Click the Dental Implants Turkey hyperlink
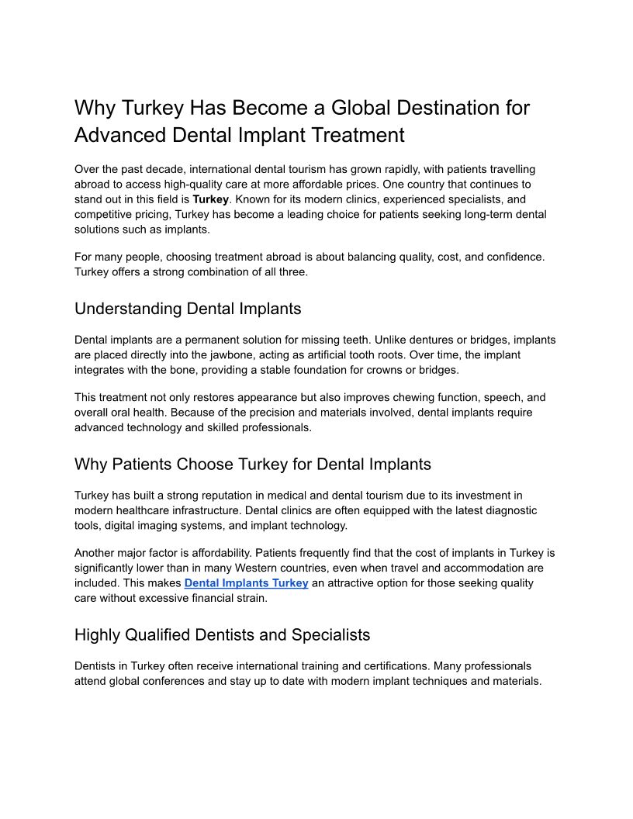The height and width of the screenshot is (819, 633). click(246, 583)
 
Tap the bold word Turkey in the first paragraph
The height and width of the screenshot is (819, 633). click(210, 199)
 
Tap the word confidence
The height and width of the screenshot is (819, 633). click(510, 256)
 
